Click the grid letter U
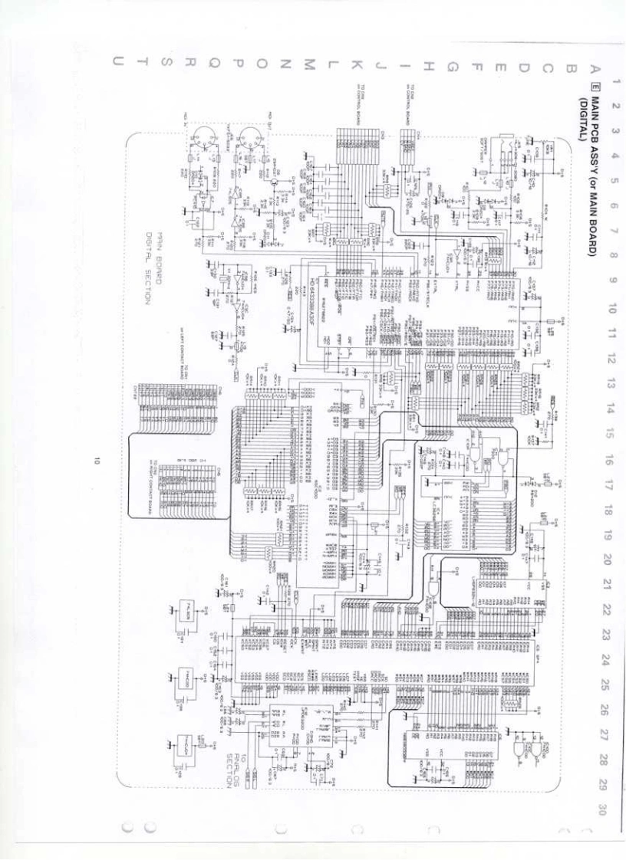click(117, 61)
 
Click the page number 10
click(97, 461)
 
